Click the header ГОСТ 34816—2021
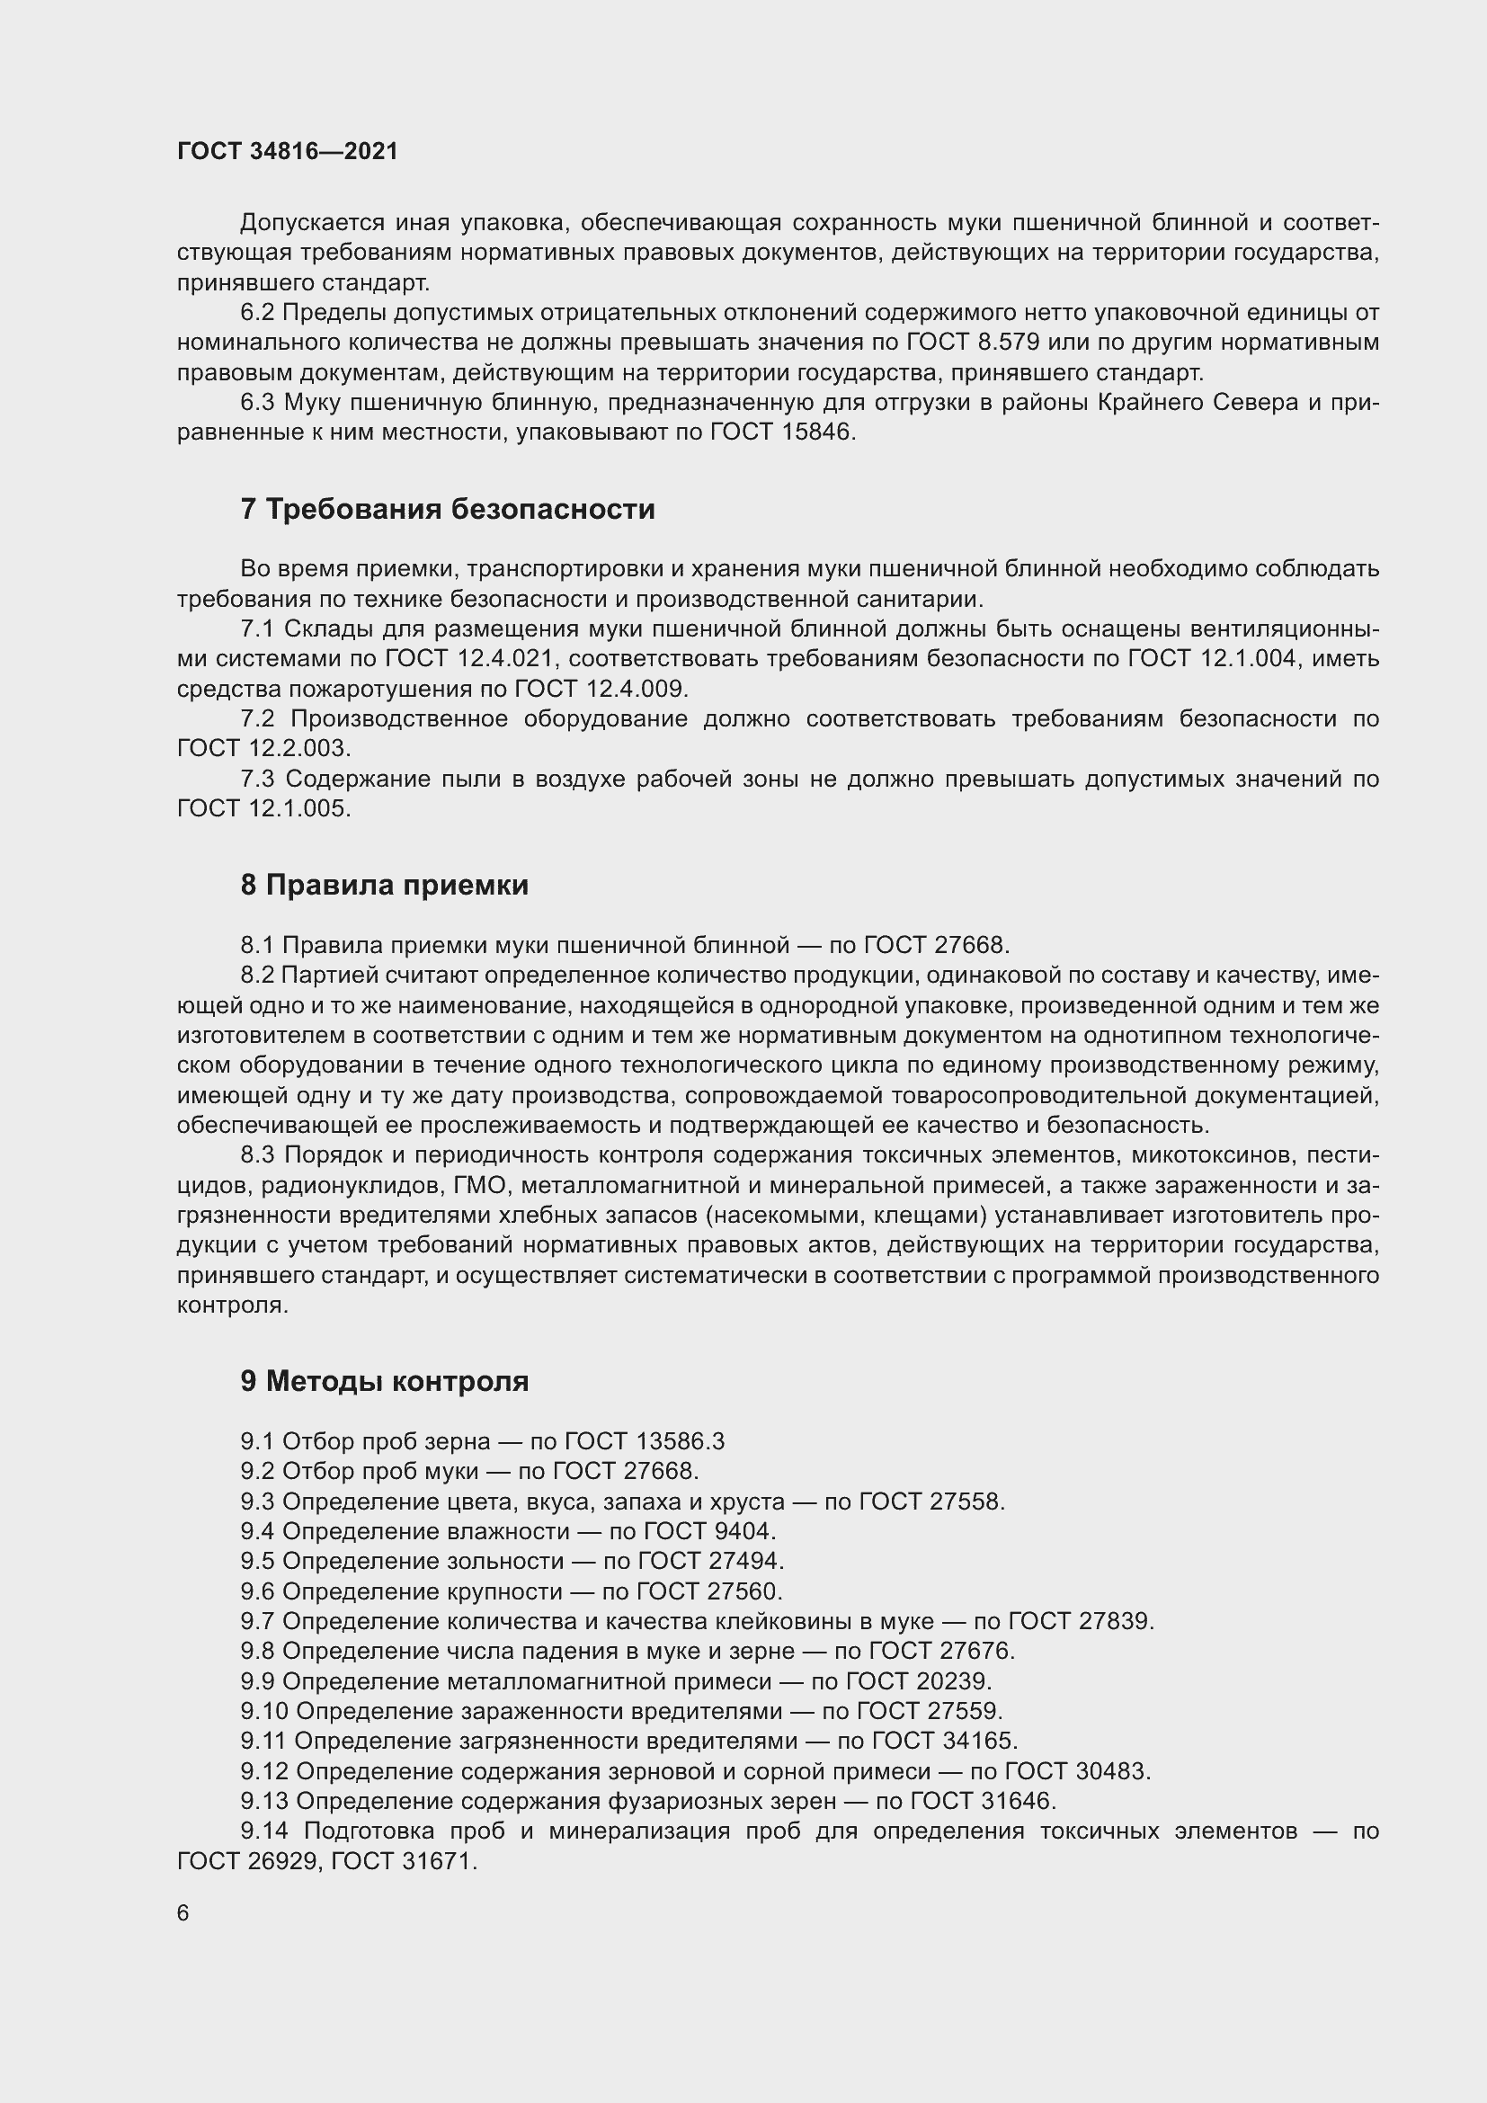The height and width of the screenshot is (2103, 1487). (x=288, y=151)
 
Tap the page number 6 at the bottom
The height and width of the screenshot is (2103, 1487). (x=183, y=1913)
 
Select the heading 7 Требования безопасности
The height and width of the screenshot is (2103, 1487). (x=448, y=509)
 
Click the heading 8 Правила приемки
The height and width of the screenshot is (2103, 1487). (x=385, y=885)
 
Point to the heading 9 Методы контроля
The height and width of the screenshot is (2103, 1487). (x=385, y=1381)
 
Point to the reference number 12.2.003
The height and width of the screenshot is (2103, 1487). (x=297, y=748)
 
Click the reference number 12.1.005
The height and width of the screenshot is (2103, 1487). (x=297, y=809)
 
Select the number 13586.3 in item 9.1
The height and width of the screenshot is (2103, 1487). (x=679, y=1441)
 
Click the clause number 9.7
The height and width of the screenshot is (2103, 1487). (x=257, y=1621)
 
